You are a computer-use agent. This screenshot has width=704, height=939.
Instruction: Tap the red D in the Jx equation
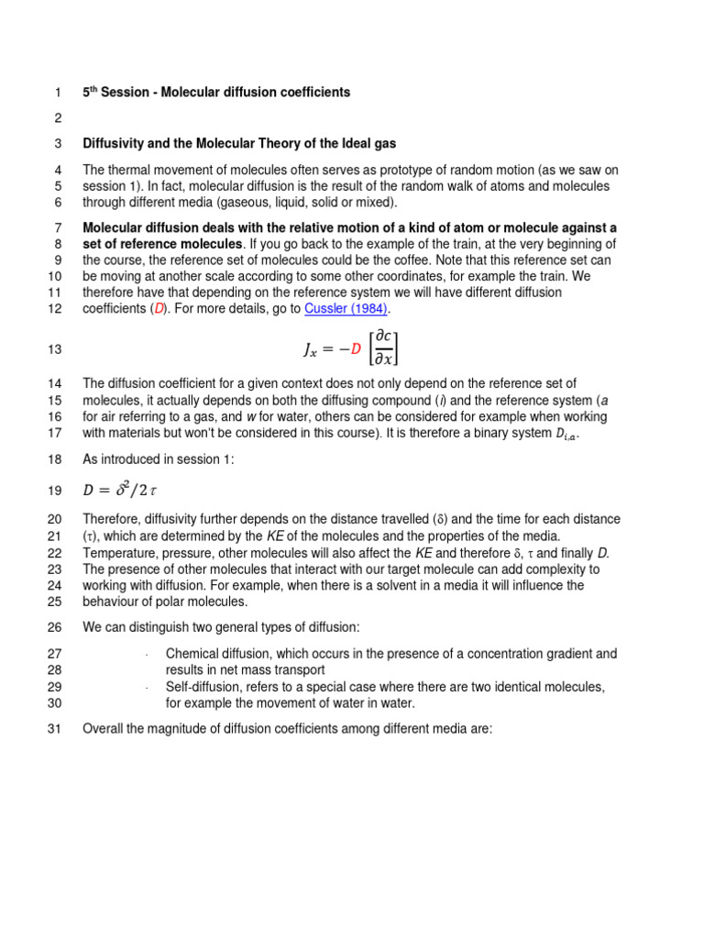356,348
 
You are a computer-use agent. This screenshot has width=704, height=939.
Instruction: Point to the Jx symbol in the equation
310,349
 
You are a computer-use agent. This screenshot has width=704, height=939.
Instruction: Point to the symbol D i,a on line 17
566,434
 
